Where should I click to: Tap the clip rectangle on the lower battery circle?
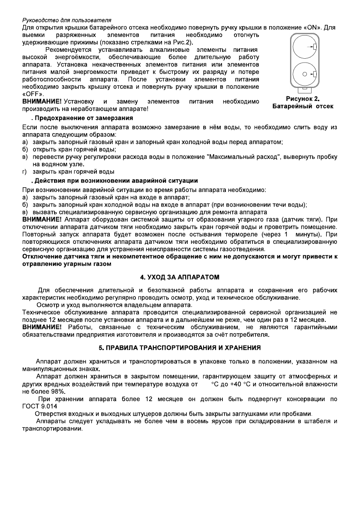(x=315, y=75)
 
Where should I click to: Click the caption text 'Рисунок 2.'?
(x=303, y=98)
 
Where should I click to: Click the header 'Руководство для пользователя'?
(x=66, y=20)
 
